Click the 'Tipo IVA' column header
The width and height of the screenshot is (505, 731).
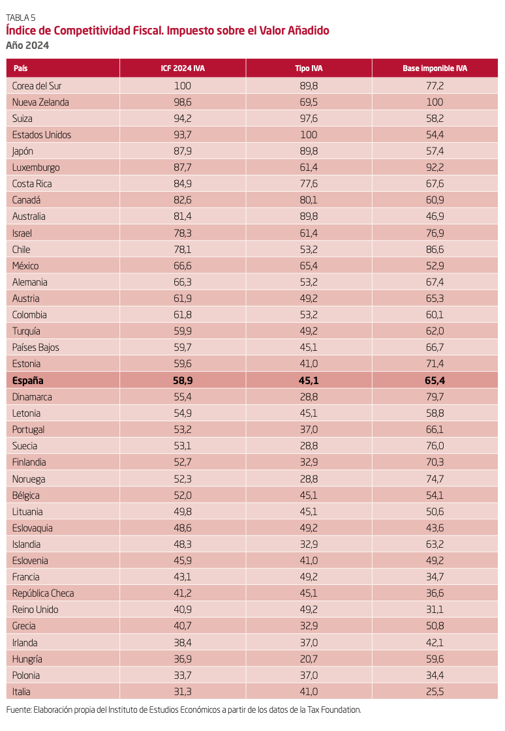(x=309, y=68)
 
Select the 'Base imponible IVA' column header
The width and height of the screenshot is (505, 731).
(x=435, y=68)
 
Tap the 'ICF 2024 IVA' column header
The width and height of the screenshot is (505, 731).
(x=183, y=68)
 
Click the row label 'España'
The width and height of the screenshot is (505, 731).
(x=27, y=380)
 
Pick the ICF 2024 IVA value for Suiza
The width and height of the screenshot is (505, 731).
(x=183, y=119)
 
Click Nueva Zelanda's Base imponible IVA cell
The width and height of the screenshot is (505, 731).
(x=435, y=102)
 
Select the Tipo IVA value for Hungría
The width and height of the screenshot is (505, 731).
(x=309, y=659)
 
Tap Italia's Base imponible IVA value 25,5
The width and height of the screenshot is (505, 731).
(x=435, y=691)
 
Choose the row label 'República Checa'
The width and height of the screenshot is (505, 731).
(x=43, y=593)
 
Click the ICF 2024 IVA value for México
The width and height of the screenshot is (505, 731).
(x=183, y=266)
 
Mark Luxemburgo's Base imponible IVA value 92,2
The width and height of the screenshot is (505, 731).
(x=435, y=168)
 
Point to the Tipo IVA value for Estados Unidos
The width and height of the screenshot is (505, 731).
(x=309, y=135)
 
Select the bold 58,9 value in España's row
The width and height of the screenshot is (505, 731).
(x=183, y=380)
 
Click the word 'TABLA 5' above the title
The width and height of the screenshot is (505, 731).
(x=20, y=18)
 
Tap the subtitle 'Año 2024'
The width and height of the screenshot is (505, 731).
(x=27, y=45)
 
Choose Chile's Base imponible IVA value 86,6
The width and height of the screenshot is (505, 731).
(x=435, y=250)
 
